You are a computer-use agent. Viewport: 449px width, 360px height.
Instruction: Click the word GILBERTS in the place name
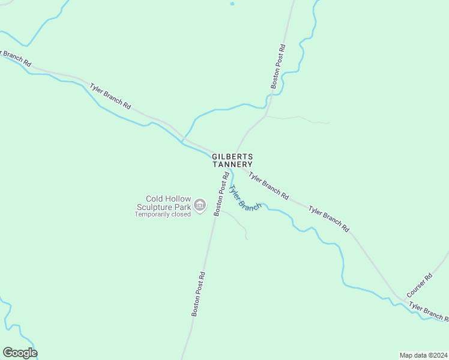pyautogui.click(x=232, y=157)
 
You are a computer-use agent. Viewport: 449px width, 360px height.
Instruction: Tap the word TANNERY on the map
pyautogui.click(x=232, y=164)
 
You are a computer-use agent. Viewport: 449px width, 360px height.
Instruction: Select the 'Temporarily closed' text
pyautogui.click(x=162, y=214)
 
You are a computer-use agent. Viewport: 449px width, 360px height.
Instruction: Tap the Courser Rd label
pyautogui.click(x=419, y=286)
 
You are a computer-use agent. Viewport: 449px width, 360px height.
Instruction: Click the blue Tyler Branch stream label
pyautogui.click(x=245, y=198)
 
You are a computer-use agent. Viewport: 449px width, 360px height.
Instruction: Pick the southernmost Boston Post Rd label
pyautogui.click(x=199, y=294)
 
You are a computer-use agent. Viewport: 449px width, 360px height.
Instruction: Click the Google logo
pyautogui.click(x=20, y=353)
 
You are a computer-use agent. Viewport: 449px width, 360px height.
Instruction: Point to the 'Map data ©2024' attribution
pyautogui.click(x=423, y=355)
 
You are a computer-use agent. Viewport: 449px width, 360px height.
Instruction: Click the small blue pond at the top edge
pyautogui.click(x=232, y=3)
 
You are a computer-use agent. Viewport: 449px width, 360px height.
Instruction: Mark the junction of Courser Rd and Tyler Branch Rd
pyautogui.click(x=400, y=298)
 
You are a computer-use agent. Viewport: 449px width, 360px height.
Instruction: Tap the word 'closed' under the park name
pyautogui.click(x=181, y=214)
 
